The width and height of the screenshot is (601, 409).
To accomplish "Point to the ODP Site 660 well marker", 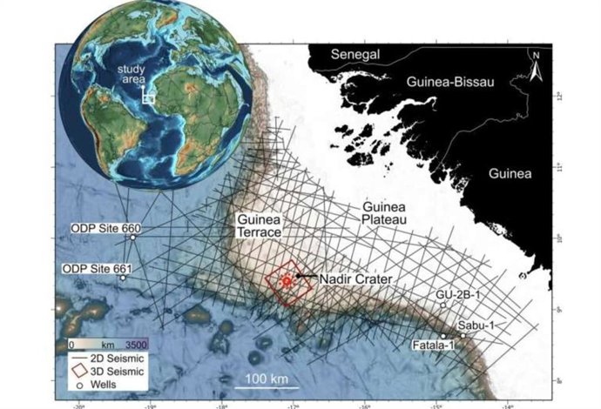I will click(132, 238).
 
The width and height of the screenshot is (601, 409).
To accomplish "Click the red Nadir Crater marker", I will click(284, 280).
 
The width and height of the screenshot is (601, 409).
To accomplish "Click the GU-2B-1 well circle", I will click(443, 305).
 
